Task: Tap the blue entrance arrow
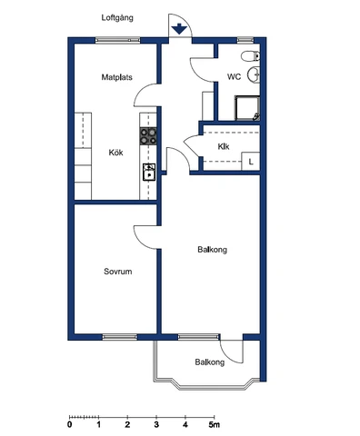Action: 180,28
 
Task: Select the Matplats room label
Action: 117,77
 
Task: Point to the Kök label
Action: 115,152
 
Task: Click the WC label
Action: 234,77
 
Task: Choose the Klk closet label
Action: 223,145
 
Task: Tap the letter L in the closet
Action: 251,162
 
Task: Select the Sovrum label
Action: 117,271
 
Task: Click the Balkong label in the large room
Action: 212,249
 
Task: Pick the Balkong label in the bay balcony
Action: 209,362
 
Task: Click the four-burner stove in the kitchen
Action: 149,136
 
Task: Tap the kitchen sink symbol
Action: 149,170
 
